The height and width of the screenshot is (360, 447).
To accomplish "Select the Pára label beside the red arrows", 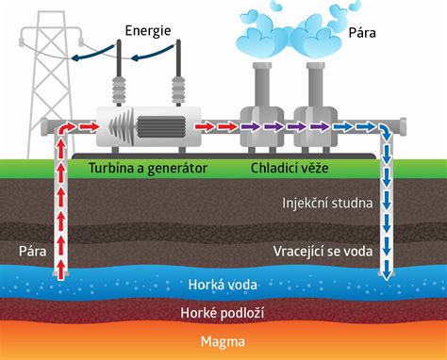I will pyautogui.click(x=31, y=251).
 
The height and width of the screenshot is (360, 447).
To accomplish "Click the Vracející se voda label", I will pyautogui.click(x=321, y=251).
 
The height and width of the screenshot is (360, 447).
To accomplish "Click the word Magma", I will pyautogui.click(x=223, y=340).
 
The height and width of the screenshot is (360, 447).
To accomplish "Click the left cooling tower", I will pyautogui.click(x=261, y=108).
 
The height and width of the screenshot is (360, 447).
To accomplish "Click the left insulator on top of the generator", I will pyautogui.click(x=121, y=86).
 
